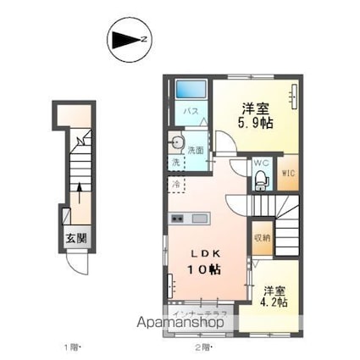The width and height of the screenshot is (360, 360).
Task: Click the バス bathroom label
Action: point(191,111)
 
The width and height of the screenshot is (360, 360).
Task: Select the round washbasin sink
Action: point(177,141)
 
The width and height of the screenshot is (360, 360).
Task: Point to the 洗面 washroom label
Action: point(196,150)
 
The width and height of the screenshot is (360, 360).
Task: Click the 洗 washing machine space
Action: point(174,161)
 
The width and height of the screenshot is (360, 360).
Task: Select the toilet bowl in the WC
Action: point(260,179)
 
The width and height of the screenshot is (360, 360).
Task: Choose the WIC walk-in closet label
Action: point(287,175)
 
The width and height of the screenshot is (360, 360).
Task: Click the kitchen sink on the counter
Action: point(200,219)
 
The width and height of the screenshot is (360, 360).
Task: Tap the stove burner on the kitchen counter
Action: point(177,219)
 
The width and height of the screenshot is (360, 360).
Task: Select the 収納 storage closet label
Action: point(261,238)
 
